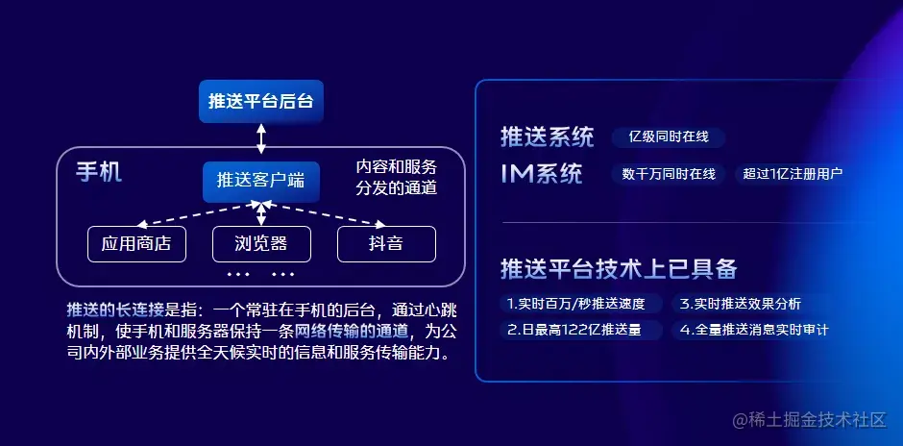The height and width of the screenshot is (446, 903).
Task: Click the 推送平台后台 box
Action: tap(261, 101)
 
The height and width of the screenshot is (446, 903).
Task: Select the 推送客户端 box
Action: tap(261, 180)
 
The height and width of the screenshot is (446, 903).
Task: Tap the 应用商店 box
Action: tap(136, 244)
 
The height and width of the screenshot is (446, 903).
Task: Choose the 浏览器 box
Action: tap(261, 244)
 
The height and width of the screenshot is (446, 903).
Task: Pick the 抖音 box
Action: tap(386, 244)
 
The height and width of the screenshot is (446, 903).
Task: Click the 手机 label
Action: tap(98, 173)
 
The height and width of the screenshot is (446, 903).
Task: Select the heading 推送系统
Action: tap(547, 137)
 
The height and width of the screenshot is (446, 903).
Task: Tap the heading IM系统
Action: tap(541, 174)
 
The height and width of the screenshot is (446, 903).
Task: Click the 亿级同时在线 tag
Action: tap(669, 137)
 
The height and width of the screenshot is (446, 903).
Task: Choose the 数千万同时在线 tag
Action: tap(669, 174)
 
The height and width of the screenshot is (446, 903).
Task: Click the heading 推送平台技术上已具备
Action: tap(618, 269)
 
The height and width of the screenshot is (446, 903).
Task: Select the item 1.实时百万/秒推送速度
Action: tap(583, 304)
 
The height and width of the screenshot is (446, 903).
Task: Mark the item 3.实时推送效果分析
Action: tap(740, 304)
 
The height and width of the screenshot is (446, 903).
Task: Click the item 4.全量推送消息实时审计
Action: tap(753, 330)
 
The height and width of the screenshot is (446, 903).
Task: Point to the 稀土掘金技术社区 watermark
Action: tap(809, 421)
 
